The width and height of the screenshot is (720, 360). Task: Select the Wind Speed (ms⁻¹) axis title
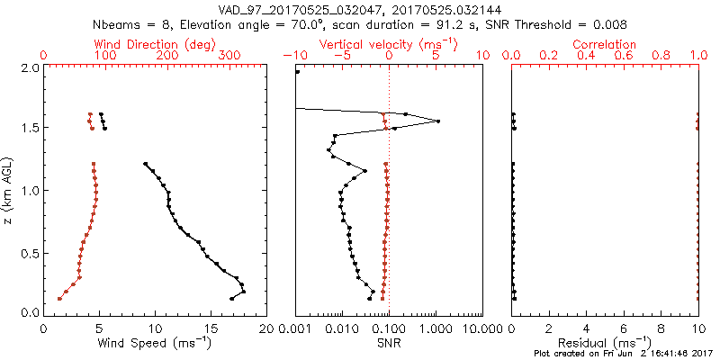156,342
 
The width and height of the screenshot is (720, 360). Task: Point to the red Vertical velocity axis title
389,44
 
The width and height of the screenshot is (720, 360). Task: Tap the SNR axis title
389,342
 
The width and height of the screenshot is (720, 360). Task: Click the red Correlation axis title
605,44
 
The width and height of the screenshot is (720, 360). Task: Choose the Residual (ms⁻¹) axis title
605,342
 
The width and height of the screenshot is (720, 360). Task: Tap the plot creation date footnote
621,353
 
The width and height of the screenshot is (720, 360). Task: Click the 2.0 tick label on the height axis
31,67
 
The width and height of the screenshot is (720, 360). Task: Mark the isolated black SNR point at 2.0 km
298,71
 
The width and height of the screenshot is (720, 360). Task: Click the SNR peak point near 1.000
438,121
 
